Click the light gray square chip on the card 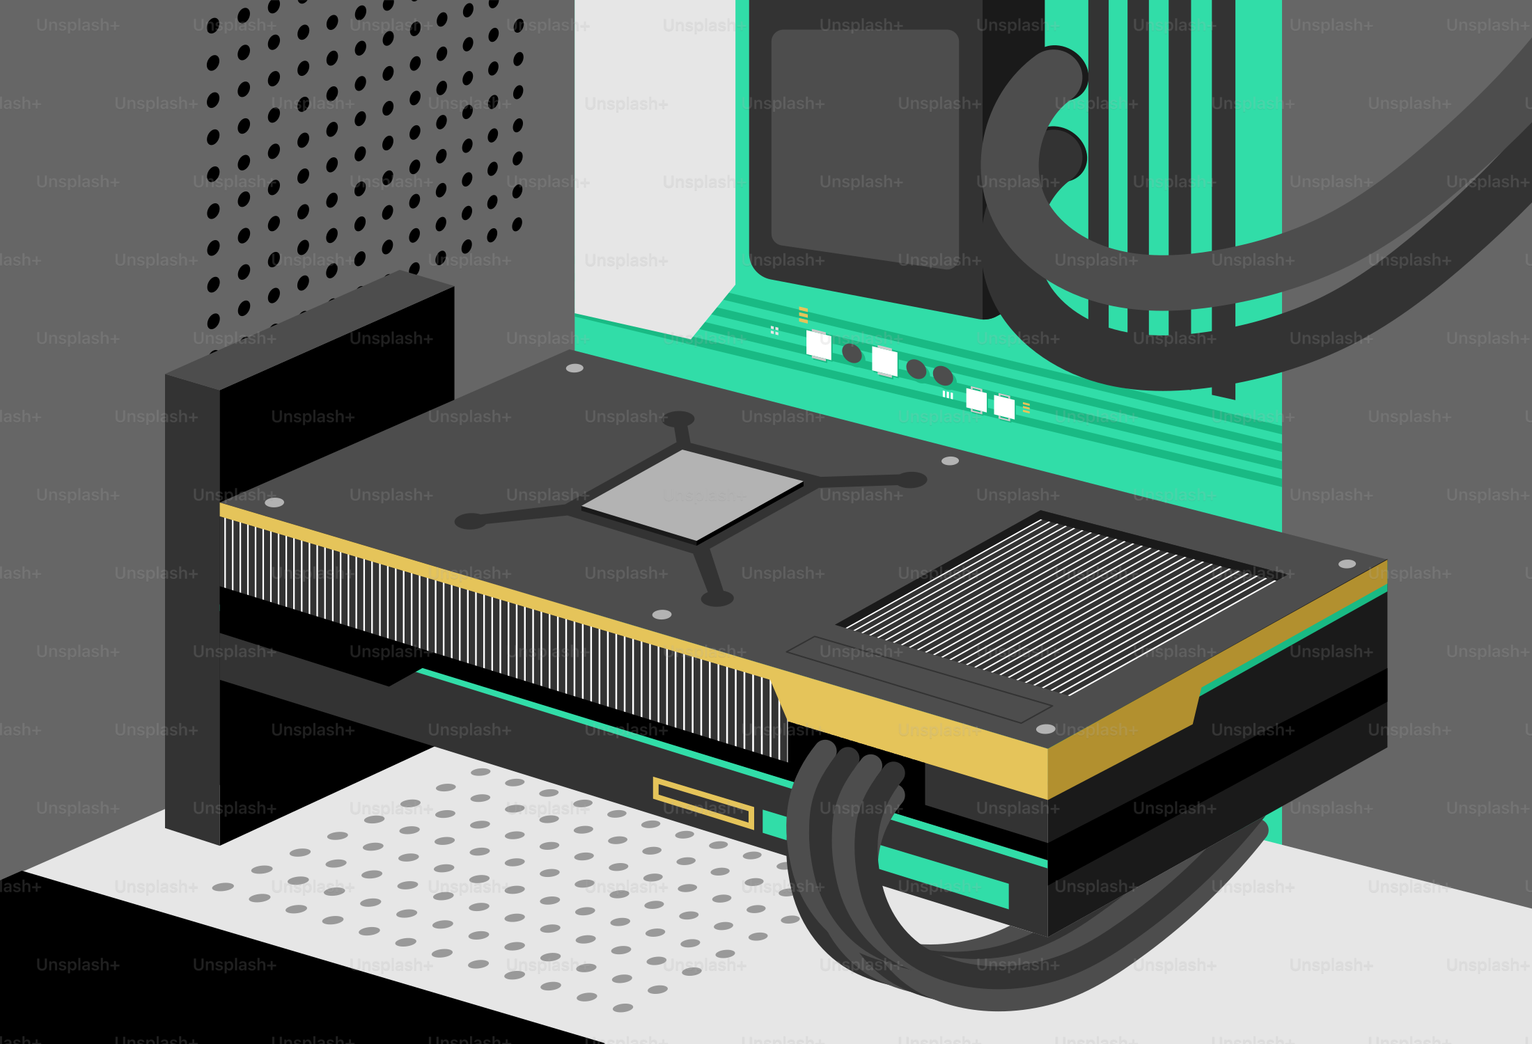(x=693, y=495)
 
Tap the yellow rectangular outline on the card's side (x=703, y=802)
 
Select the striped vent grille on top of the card (x=1058, y=606)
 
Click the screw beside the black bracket (x=274, y=502)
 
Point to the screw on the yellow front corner (x=1045, y=729)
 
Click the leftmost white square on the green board (x=818, y=345)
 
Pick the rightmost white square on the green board (x=1004, y=407)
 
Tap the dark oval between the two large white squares (x=852, y=353)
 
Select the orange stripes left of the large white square (x=803, y=315)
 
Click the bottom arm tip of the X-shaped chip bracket (x=717, y=598)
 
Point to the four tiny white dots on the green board (x=774, y=330)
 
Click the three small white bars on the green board (x=948, y=395)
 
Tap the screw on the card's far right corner (x=1347, y=564)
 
